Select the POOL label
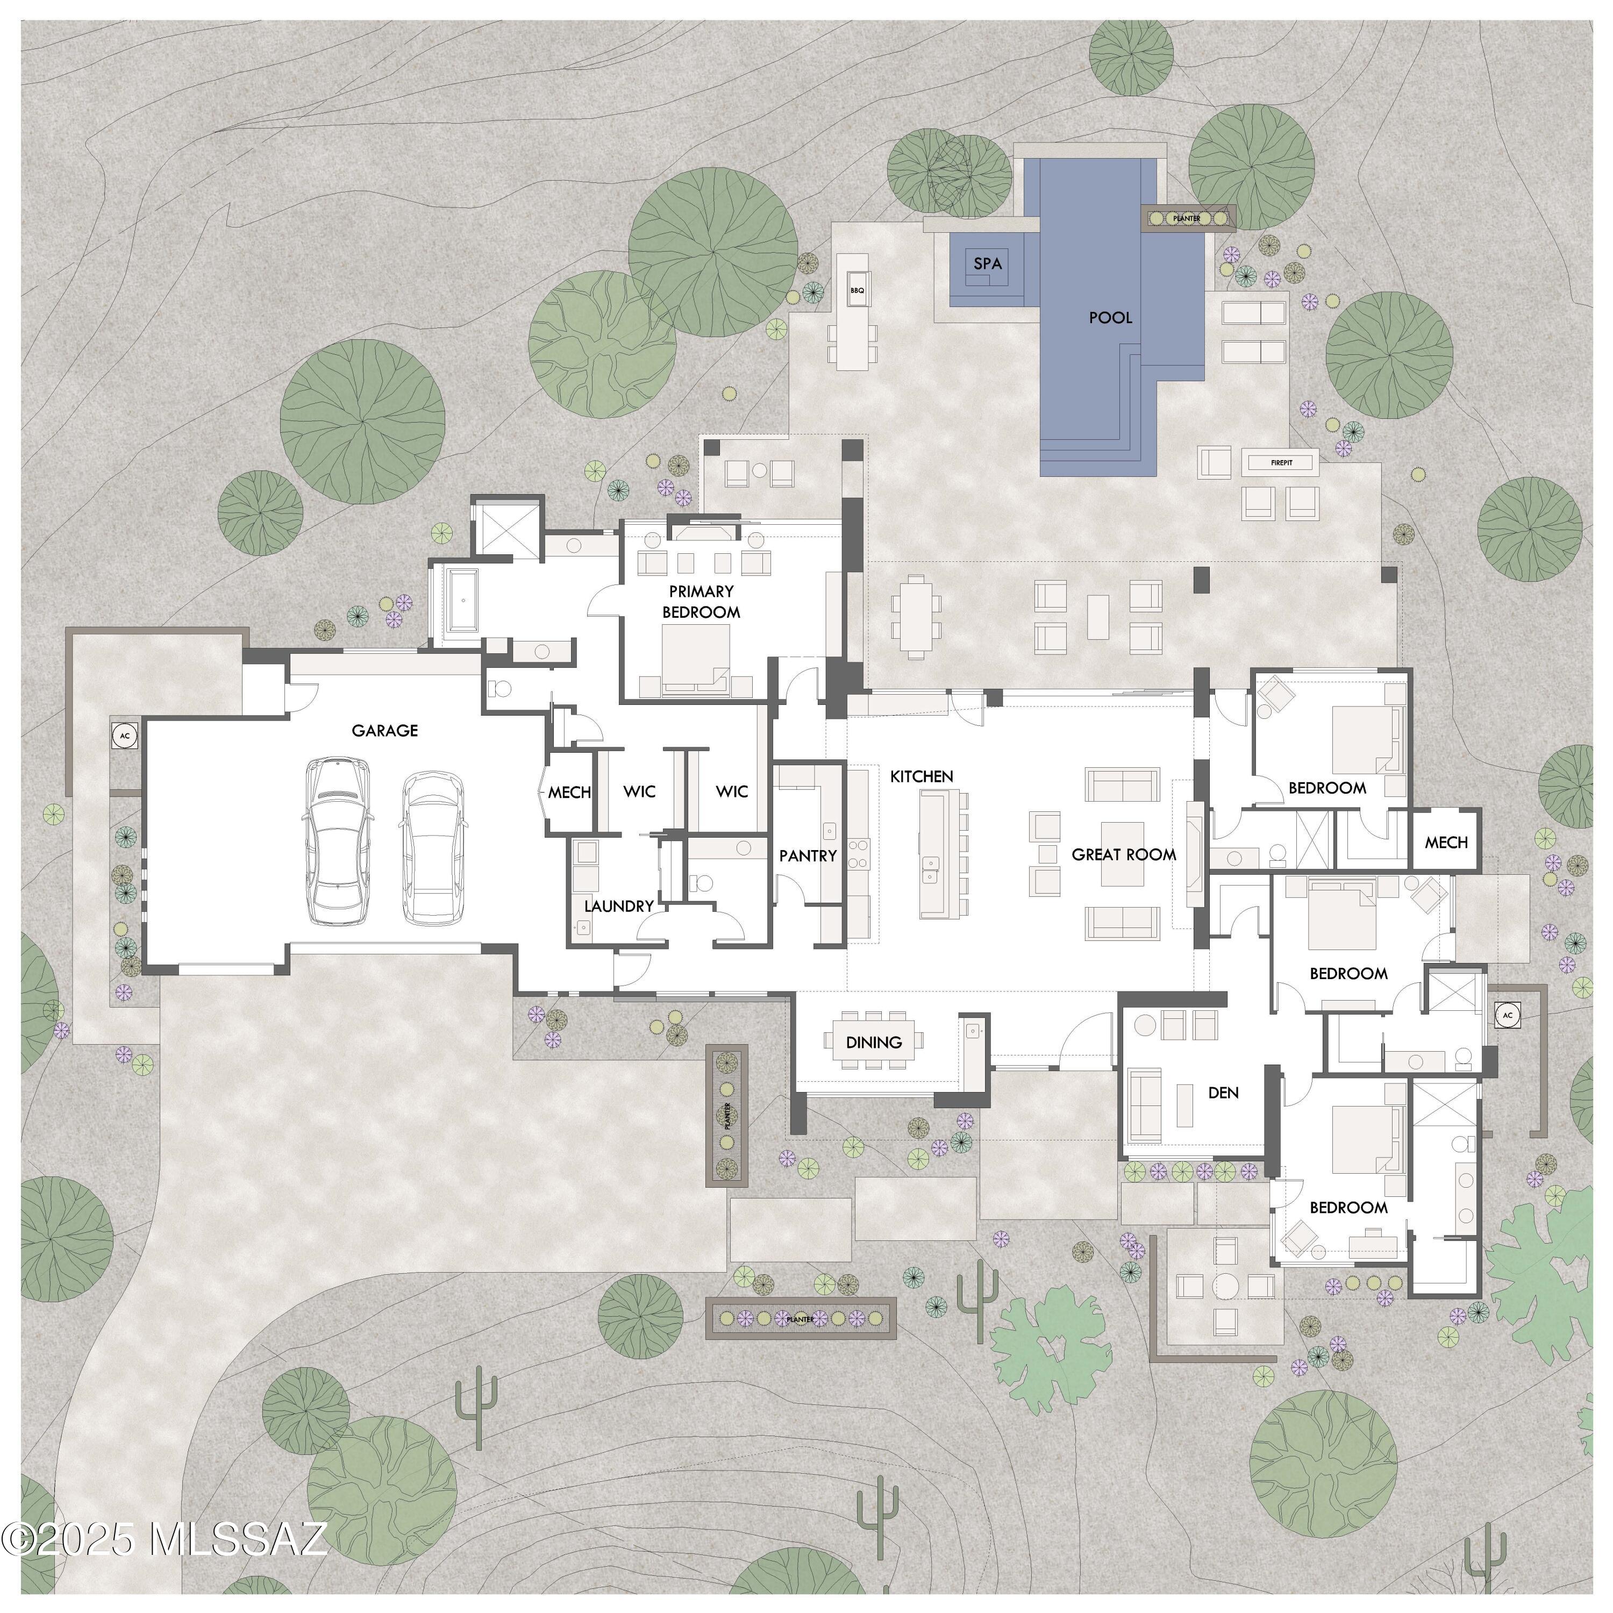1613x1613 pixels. coord(1110,317)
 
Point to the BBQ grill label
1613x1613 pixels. coord(857,290)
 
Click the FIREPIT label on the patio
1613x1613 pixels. coord(1282,462)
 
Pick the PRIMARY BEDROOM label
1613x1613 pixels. coord(701,601)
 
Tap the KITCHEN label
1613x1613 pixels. coord(922,776)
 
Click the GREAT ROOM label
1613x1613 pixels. coord(1124,855)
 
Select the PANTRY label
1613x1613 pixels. coord(808,856)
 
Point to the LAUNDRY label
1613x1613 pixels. coord(619,906)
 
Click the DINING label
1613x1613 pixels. coord(874,1042)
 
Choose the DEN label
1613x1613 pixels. coord(1223,1093)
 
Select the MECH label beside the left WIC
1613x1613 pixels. coord(569,793)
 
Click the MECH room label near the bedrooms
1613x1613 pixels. coord(1446,843)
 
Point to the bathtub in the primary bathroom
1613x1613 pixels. coord(462,600)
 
